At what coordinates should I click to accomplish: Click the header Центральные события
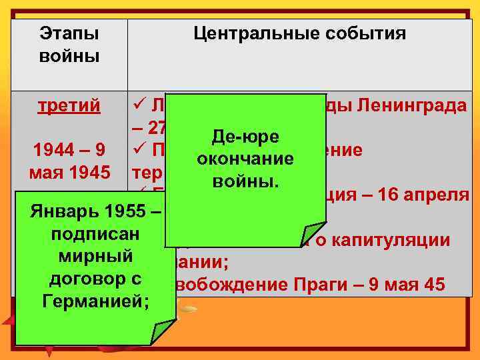tap(299, 34)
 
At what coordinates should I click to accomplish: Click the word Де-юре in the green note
tap(245, 137)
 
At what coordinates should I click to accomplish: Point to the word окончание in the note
tap(245, 159)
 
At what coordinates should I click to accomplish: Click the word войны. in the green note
tap(245, 181)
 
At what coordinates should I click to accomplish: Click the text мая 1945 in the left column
tap(69, 172)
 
